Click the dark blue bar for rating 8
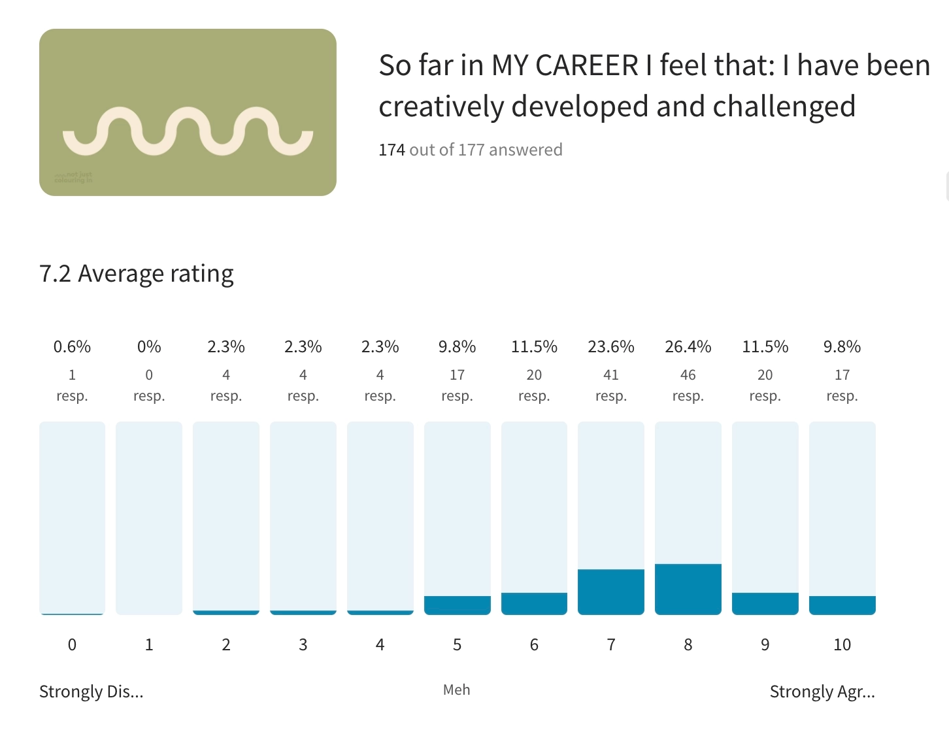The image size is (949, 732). point(688,589)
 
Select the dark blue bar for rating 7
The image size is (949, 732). point(610,591)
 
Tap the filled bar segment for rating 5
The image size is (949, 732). point(457,605)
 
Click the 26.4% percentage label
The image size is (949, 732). point(688,346)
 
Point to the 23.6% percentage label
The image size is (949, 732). point(610,346)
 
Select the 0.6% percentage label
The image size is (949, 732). point(72,346)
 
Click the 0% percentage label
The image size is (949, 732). point(149,346)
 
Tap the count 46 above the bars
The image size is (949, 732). point(688,375)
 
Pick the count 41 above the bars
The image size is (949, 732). point(610,375)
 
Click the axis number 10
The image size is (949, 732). point(842,645)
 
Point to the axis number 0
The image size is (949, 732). point(72,645)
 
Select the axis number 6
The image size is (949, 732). point(534,645)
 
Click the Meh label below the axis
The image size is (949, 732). point(456,690)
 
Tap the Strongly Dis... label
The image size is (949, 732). point(91,691)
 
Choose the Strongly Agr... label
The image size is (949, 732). point(822,691)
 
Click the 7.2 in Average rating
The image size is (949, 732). point(55,274)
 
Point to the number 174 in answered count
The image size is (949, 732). point(391,150)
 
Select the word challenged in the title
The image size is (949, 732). point(784,107)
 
